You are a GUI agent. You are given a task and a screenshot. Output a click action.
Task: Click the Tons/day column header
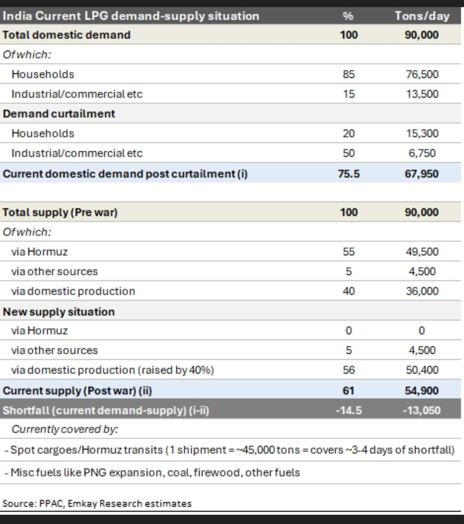(x=422, y=16)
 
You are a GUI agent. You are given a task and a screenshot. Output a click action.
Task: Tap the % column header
(x=348, y=16)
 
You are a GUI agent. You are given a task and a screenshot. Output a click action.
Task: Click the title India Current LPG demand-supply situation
(x=131, y=16)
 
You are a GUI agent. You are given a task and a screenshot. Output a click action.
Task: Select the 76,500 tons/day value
(x=422, y=74)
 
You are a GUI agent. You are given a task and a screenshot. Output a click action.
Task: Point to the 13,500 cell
(x=422, y=94)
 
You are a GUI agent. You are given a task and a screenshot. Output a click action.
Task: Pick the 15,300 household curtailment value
(x=422, y=134)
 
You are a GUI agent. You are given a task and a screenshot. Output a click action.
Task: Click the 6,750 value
(x=422, y=153)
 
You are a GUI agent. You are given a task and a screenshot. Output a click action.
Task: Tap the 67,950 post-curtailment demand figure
(x=421, y=174)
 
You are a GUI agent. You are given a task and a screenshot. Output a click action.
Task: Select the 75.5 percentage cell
(x=348, y=174)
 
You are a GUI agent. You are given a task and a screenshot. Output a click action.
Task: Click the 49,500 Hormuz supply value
(x=422, y=252)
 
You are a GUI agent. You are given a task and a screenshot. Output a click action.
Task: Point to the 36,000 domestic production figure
(x=422, y=291)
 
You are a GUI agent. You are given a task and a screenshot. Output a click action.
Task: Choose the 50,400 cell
(x=422, y=370)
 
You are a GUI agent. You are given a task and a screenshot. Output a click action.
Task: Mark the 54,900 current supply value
(x=421, y=391)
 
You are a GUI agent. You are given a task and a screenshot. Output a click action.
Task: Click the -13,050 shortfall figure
(x=421, y=411)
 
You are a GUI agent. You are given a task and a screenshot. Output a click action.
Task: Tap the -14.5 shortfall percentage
(x=348, y=411)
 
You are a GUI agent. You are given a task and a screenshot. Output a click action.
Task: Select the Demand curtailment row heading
(x=59, y=114)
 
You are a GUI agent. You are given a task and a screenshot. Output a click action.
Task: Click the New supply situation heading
(x=59, y=312)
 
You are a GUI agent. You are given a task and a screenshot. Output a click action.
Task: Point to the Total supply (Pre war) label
(x=60, y=212)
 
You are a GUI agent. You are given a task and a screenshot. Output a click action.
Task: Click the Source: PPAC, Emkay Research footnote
(x=97, y=503)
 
